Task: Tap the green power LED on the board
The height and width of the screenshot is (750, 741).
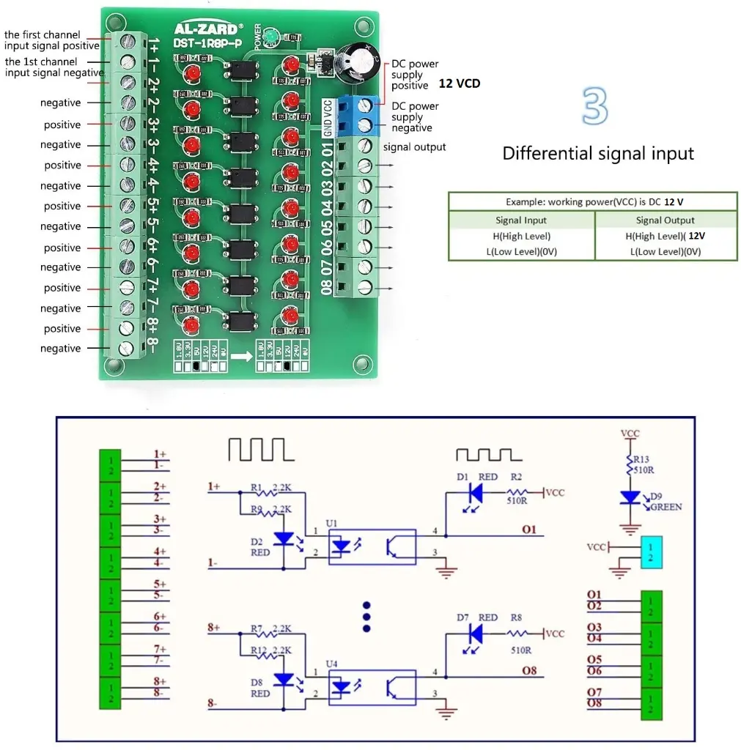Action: click(x=270, y=35)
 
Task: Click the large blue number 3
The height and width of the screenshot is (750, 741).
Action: click(x=594, y=106)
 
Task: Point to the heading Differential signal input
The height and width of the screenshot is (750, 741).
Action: click(x=597, y=154)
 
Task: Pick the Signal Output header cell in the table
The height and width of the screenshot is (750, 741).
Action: click(x=665, y=220)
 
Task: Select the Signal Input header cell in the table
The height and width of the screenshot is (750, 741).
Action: click(x=520, y=220)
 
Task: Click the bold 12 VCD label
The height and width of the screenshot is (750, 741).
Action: click(x=460, y=83)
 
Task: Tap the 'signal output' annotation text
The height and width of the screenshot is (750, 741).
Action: click(x=414, y=147)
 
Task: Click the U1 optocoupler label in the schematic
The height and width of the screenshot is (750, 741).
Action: click(x=331, y=523)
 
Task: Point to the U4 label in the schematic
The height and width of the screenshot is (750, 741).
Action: click(x=331, y=664)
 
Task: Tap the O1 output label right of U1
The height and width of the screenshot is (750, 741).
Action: click(x=529, y=529)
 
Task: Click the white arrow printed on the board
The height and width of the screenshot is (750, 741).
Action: click(x=239, y=357)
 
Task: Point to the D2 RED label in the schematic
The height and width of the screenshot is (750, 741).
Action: click(x=260, y=547)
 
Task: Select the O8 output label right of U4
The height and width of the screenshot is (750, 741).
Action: click(x=529, y=669)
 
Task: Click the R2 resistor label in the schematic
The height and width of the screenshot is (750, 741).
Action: click(x=516, y=477)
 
